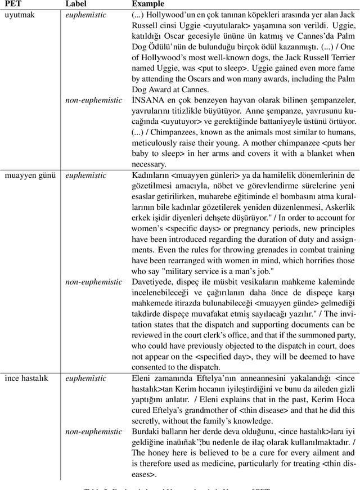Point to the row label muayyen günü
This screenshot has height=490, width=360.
click(x=30, y=175)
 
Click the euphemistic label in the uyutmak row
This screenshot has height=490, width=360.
click(x=85, y=15)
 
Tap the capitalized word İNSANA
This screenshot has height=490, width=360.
click(x=147, y=100)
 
